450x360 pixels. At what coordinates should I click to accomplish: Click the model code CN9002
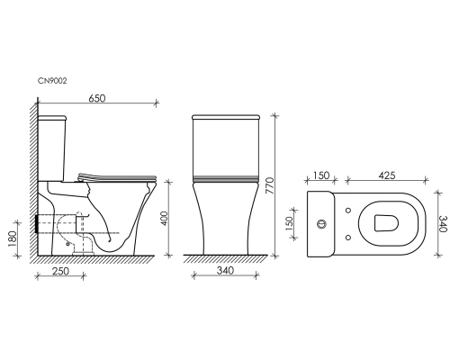click(x=52, y=81)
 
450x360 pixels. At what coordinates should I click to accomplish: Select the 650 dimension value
click(x=97, y=98)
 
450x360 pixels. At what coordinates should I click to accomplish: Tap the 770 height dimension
click(x=270, y=185)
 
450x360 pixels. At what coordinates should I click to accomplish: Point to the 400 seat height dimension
click(x=164, y=219)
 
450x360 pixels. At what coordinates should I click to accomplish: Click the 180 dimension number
click(x=13, y=238)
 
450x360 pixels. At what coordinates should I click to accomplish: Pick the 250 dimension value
click(x=60, y=271)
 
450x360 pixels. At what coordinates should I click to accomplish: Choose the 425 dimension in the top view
click(x=387, y=175)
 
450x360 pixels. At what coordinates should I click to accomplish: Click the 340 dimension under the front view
click(x=225, y=271)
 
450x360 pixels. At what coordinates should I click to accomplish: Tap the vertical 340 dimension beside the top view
click(x=443, y=224)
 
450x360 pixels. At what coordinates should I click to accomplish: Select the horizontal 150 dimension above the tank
click(x=321, y=175)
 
